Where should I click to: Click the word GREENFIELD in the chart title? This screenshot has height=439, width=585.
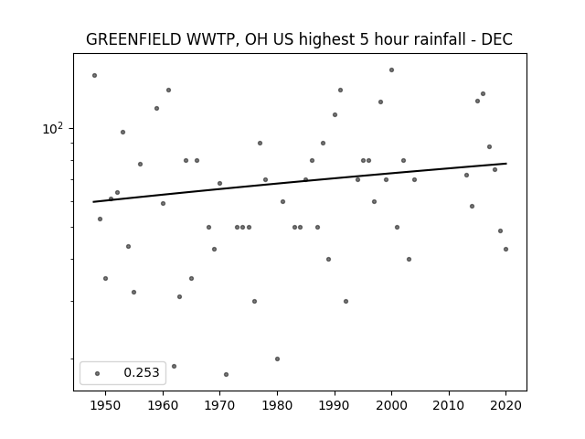(133, 39)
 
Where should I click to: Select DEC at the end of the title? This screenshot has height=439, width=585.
(496, 39)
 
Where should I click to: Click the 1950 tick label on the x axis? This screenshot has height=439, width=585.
(106, 405)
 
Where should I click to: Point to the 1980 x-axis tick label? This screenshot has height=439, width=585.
(277, 405)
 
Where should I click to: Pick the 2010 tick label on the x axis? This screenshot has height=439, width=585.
(449, 405)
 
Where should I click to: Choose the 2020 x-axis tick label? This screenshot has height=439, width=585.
(505, 405)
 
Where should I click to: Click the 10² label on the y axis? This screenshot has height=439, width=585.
(53, 128)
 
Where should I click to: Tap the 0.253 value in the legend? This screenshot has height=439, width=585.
(142, 372)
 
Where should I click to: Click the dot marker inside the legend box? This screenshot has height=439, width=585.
(98, 373)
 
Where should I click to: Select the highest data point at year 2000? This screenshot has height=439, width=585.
(391, 70)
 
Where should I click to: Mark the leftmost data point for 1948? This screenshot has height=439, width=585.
(94, 75)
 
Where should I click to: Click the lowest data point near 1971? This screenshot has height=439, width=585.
(226, 374)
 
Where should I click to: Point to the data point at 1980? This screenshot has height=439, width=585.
(277, 359)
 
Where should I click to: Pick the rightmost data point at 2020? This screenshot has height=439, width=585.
(505, 249)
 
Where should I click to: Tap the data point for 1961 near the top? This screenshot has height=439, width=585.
(168, 90)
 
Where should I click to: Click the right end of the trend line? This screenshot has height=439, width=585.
(506, 163)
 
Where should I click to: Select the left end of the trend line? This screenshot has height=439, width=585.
(93, 202)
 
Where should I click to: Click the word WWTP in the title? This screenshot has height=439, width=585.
(211, 39)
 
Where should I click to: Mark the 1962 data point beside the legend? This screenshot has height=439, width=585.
(174, 366)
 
